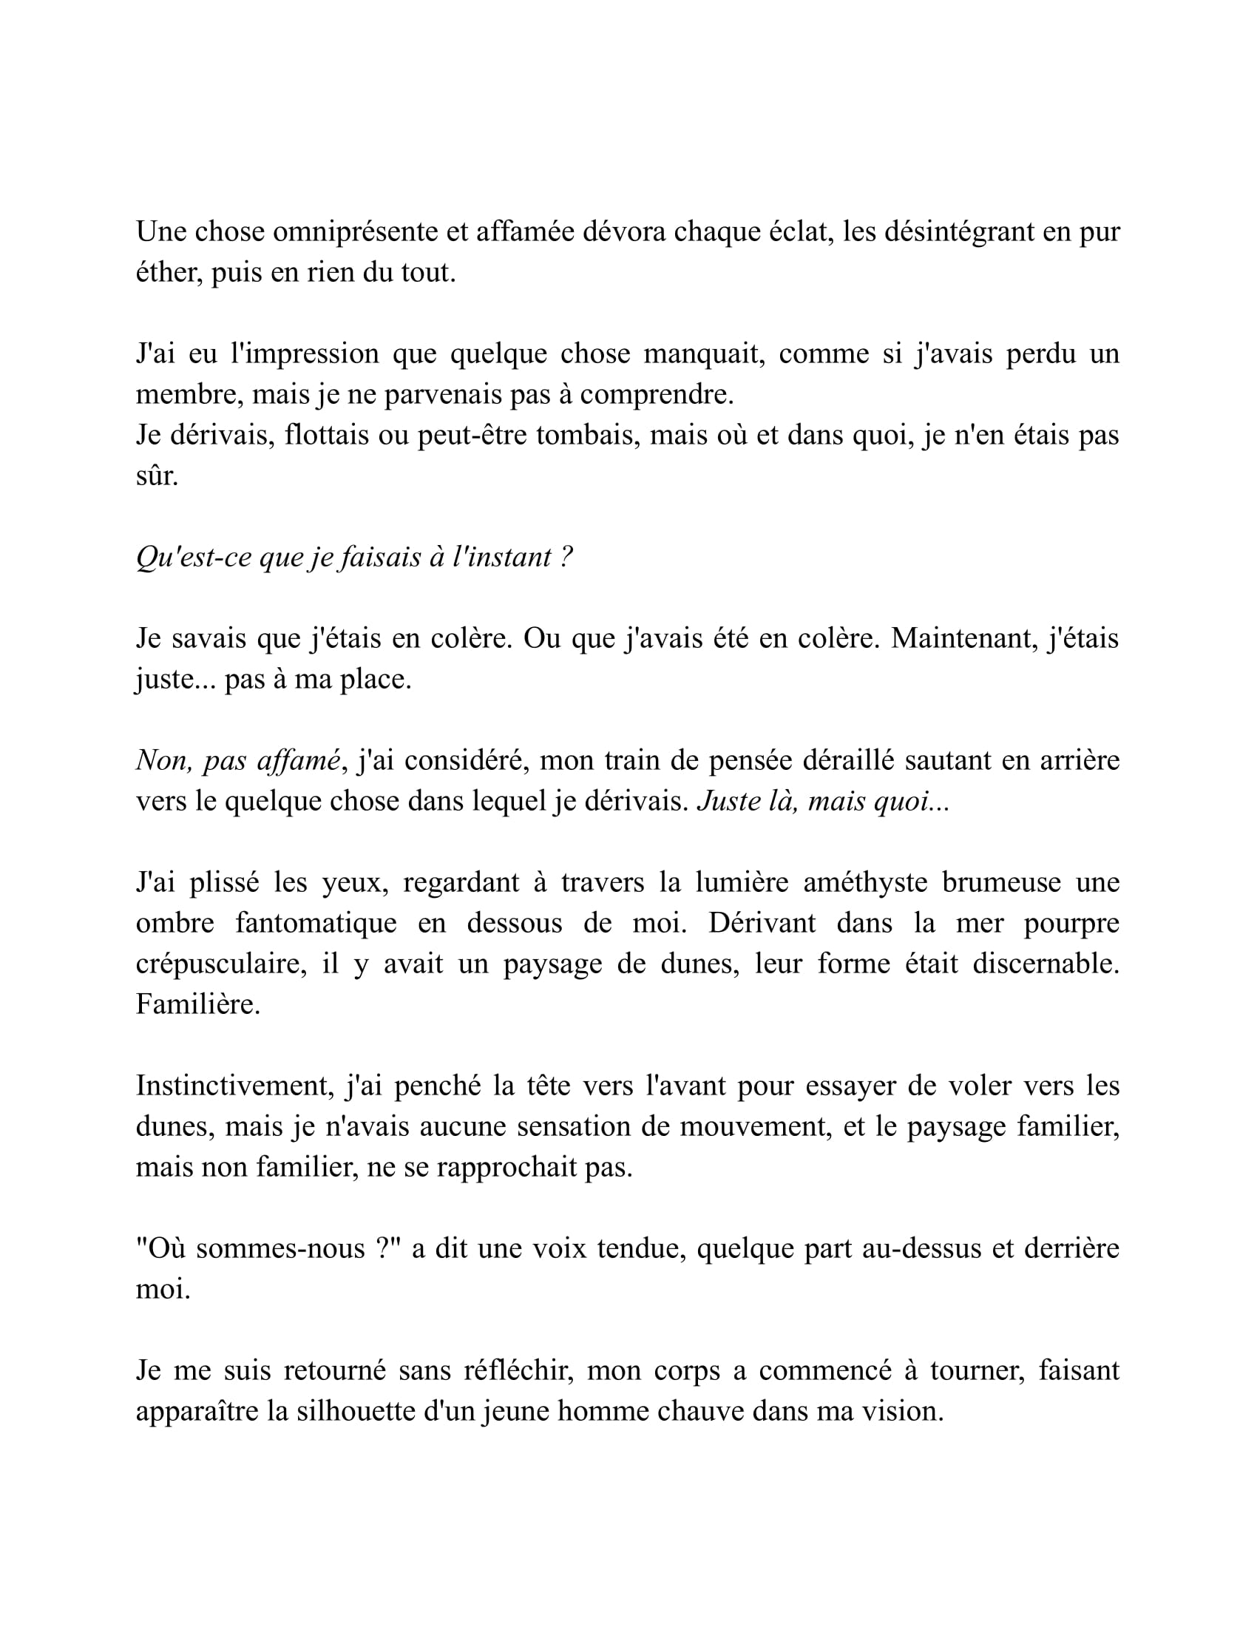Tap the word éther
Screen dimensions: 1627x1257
(x=169, y=274)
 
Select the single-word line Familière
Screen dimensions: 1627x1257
(x=197, y=1005)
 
